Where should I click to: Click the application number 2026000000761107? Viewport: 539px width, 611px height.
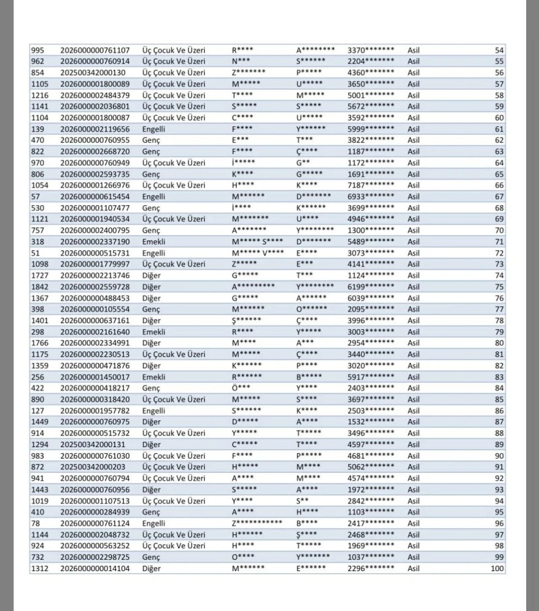95,50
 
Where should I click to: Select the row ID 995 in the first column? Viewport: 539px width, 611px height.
38,50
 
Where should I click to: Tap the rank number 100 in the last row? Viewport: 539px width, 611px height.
497,569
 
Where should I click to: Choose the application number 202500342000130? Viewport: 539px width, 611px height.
93,72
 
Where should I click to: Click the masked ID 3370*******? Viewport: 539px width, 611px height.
371,50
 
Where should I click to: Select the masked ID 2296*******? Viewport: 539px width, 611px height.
371,569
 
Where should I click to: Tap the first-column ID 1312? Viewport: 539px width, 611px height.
40,569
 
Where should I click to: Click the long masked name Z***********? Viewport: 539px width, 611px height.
257,523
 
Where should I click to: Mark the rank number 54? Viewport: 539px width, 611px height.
499,50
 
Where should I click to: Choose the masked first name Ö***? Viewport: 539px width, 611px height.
241,388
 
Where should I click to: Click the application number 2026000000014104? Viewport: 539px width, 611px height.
95,569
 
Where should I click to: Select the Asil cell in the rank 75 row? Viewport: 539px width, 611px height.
414,287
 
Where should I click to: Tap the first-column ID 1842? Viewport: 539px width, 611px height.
40,287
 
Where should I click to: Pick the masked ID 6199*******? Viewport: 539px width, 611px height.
371,287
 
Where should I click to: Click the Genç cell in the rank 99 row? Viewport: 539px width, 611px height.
151,557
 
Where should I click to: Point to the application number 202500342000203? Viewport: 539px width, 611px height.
93,467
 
